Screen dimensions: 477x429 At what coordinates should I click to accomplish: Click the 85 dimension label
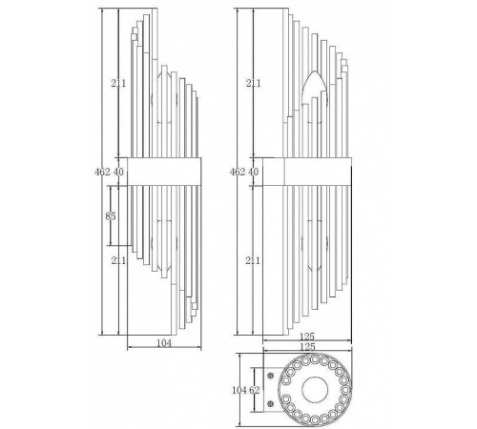(x=111, y=216)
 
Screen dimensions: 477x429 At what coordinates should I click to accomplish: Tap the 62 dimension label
(x=255, y=390)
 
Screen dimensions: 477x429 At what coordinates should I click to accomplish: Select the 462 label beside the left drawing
(x=102, y=172)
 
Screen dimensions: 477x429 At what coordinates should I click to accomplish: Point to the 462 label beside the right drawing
(x=238, y=172)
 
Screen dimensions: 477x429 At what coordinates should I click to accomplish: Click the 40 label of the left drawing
(x=118, y=172)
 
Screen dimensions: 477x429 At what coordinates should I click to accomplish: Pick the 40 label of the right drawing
(x=253, y=172)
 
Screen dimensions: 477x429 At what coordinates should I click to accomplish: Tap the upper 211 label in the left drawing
(x=118, y=83)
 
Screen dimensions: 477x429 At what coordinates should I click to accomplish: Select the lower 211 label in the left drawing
(x=118, y=260)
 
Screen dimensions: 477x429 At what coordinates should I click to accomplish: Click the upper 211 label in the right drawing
(x=253, y=83)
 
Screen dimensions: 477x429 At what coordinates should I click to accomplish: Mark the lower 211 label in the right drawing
(x=253, y=260)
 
